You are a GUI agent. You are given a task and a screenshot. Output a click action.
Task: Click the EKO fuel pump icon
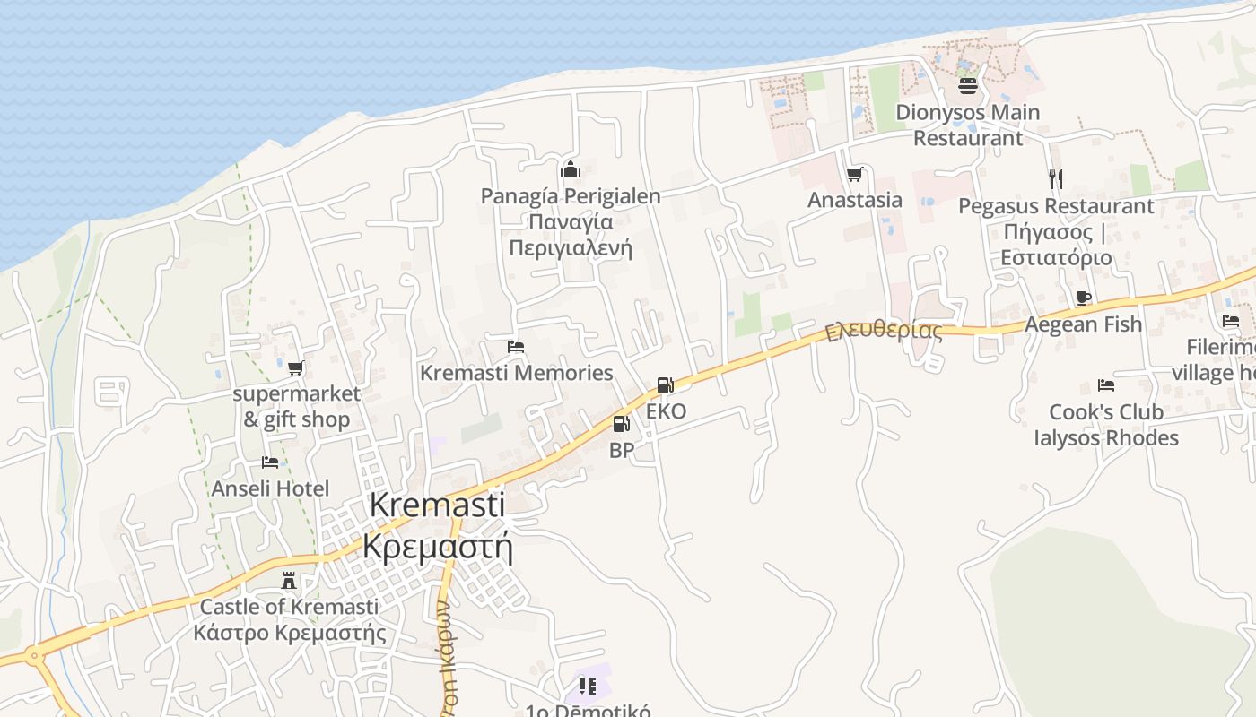(665, 385)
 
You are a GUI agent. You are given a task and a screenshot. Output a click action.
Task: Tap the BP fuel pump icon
(621, 424)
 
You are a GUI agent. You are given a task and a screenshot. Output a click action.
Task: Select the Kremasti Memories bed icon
(516, 346)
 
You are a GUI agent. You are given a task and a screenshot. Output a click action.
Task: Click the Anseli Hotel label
(270, 488)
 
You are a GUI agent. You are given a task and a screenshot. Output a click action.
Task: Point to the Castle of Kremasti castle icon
(289, 581)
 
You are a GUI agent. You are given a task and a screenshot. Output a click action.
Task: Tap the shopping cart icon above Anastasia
(855, 174)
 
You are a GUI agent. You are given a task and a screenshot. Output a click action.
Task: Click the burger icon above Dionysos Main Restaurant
(968, 86)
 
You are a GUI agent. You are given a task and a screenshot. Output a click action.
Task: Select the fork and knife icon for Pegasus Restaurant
(1056, 179)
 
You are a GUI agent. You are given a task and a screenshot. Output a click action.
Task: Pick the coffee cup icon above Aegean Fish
(1084, 298)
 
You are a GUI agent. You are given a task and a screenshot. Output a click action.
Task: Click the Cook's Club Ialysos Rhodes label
(1106, 425)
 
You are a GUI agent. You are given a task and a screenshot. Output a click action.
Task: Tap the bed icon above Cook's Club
(1106, 385)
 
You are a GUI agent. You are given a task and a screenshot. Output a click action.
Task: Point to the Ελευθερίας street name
(885, 330)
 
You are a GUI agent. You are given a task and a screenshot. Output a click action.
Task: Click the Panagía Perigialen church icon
(571, 169)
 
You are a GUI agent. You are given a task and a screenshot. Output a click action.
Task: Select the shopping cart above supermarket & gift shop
(295, 367)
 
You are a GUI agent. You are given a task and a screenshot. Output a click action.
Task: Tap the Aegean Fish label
(1084, 324)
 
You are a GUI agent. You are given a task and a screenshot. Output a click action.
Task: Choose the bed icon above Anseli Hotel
(270, 462)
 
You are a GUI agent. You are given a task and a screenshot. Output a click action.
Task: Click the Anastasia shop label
(855, 199)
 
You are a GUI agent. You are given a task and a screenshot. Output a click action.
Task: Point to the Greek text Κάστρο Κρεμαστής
(290, 633)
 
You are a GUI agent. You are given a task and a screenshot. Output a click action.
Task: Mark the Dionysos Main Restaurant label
(968, 125)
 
